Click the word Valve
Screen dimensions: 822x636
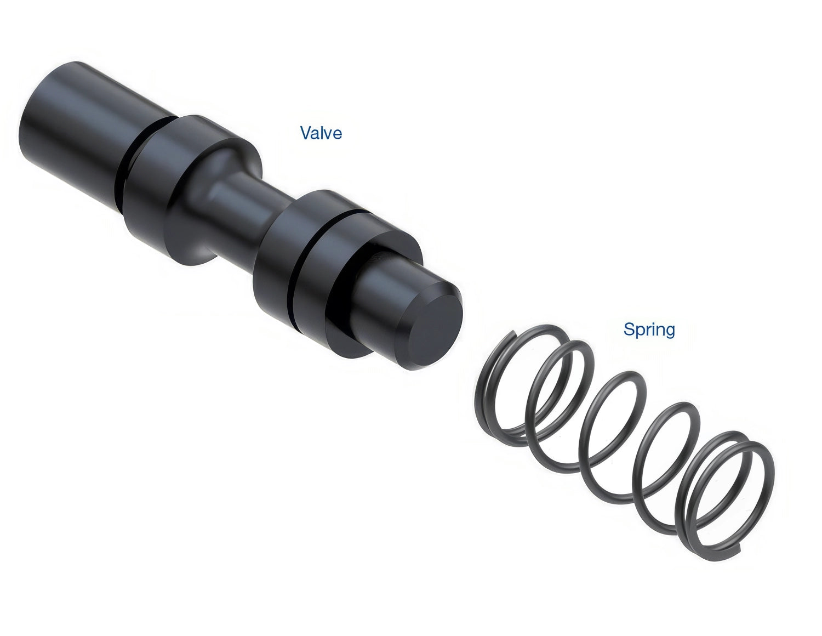(321, 133)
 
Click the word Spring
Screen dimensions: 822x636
(649, 330)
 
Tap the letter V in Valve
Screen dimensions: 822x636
(306, 133)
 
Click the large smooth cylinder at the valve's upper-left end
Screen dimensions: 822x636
(76, 125)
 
